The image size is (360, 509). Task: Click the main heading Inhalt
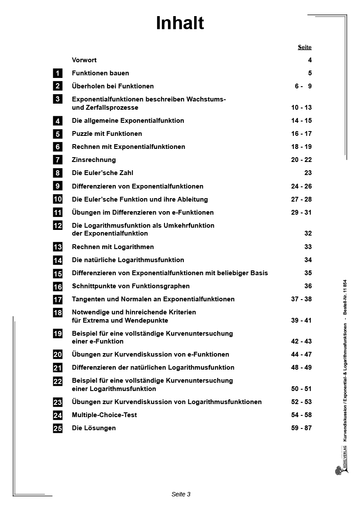180,24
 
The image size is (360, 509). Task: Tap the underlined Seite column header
305,47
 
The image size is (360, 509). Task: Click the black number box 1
57,73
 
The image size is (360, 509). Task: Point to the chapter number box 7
57,160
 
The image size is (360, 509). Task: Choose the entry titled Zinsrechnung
94,160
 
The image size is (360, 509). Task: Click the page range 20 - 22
301,160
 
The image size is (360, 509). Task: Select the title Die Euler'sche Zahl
102,173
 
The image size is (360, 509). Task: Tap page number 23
308,173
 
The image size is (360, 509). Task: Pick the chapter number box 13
57,247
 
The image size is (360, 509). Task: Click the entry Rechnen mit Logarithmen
113,247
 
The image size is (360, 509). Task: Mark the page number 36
308,286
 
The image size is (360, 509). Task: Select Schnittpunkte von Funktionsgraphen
131,286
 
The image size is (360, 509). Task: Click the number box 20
57,354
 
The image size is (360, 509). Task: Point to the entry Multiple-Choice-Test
104,415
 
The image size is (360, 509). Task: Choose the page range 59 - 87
301,428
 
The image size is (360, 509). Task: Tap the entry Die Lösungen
94,428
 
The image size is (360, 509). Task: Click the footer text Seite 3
181,494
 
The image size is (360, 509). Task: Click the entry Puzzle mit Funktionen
107,134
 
